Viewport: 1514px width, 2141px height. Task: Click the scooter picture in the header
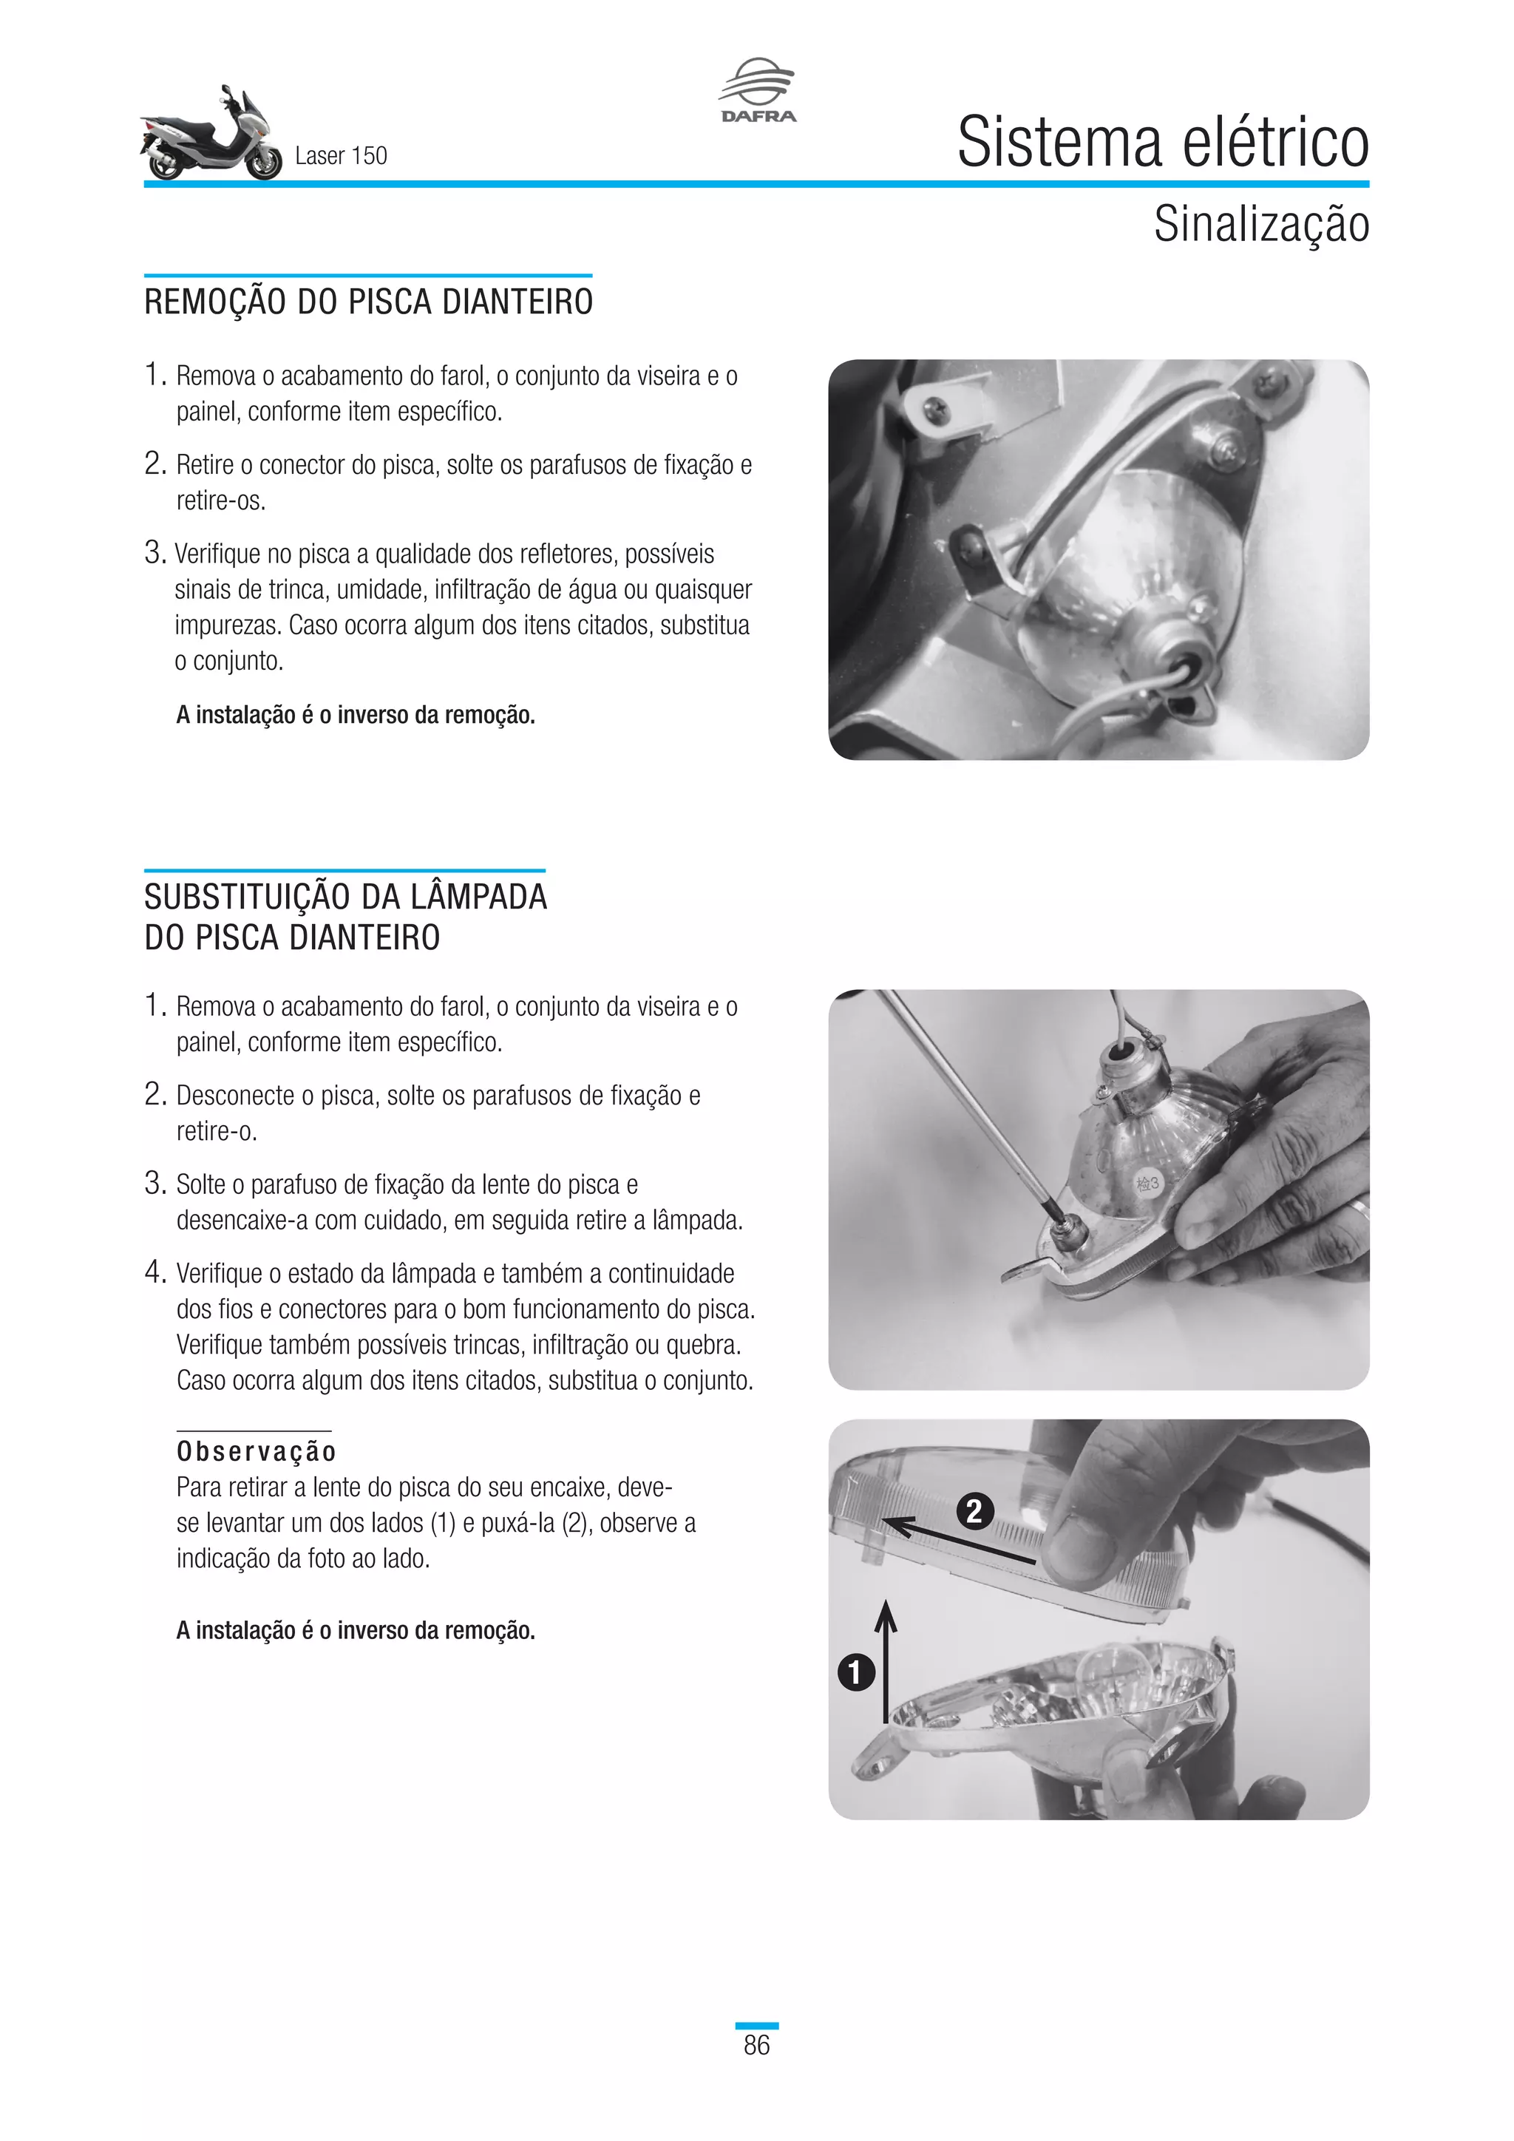211,135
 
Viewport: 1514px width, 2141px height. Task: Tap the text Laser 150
340,156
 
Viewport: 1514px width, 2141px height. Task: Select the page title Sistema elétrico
1163,143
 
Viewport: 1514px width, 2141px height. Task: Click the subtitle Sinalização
1260,224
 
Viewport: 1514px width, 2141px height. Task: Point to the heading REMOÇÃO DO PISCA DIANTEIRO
368,302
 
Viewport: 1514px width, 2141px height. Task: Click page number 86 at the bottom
756,2045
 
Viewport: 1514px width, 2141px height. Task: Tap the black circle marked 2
974,1510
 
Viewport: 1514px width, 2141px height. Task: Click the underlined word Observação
257,1452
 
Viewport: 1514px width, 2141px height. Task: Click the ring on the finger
1359,1213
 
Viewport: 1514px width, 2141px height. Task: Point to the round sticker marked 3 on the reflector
1147,1184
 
